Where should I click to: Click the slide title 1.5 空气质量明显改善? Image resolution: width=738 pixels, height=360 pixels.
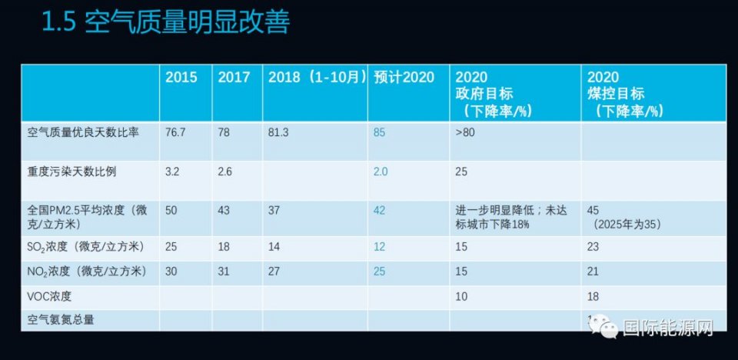click(x=165, y=24)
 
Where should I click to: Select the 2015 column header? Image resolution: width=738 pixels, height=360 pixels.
click(x=181, y=77)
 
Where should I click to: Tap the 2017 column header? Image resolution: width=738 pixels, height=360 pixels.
click(x=234, y=77)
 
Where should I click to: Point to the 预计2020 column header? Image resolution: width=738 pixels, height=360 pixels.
click(x=404, y=77)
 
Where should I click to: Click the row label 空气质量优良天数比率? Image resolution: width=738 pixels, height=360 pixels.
click(x=83, y=132)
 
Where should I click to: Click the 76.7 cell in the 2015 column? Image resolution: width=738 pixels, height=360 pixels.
click(x=175, y=132)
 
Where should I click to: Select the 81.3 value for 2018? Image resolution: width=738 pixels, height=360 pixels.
click(x=278, y=132)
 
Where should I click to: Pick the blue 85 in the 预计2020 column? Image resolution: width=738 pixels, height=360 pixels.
click(x=379, y=132)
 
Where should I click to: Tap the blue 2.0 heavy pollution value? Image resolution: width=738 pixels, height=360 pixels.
click(x=381, y=172)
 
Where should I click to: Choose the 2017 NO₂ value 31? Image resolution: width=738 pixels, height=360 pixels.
click(x=224, y=271)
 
